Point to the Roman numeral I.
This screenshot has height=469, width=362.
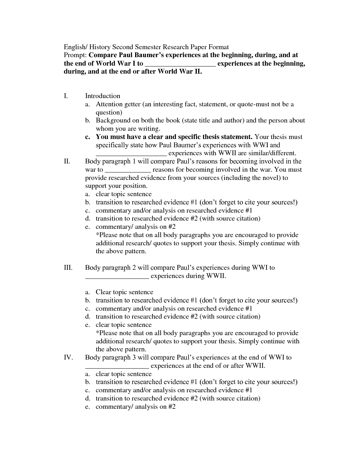(x=66, y=96)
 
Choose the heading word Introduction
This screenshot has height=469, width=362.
(x=102, y=96)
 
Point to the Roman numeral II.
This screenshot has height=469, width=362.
(x=67, y=161)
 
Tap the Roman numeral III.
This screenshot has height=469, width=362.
(x=68, y=267)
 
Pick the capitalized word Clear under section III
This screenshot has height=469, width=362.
(x=103, y=292)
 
